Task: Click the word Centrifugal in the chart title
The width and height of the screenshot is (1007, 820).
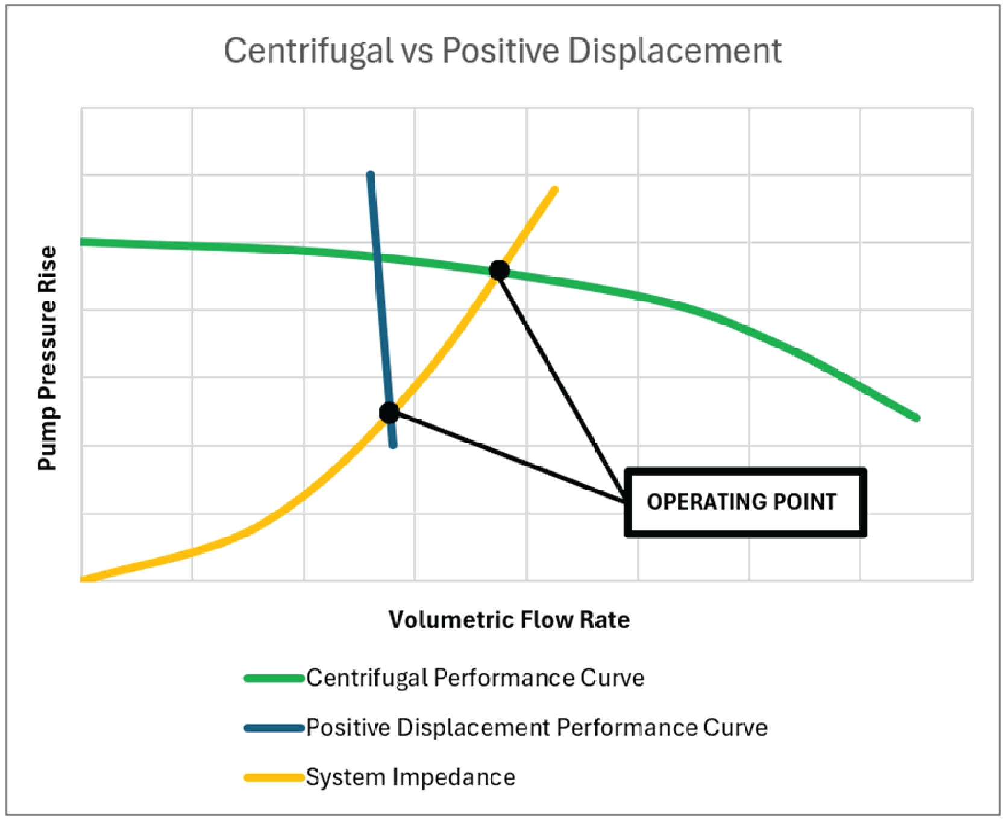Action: pyautogui.click(x=308, y=51)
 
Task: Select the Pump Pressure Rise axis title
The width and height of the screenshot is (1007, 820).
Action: pyautogui.click(x=48, y=358)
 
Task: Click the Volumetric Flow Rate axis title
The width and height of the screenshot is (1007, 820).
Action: pyautogui.click(x=509, y=620)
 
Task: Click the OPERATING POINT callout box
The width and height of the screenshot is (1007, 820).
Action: pyautogui.click(x=745, y=502)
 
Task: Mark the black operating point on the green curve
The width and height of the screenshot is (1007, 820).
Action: pyautogui.click(x=499, y=271)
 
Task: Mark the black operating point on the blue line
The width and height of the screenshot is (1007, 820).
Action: pyautogui.click(x=389, y=413)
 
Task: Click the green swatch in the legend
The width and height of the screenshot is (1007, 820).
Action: pyautogui.click(x=274, y=678)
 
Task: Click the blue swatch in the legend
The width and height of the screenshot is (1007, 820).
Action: pyautogui.click(x=274, y=728)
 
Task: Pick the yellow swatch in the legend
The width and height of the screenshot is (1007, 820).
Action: pyautogui.click(x=274, y=778)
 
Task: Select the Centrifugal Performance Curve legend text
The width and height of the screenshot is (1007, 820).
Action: pyautogui.click(x=475, y=678)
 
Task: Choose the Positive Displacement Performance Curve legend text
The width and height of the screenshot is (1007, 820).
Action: pyautogui.click(x=536, y=728)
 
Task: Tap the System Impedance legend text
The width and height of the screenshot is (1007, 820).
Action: pyautogui.click(x=410, y=778)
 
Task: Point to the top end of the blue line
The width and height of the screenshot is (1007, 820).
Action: pyautogui.click(x=371, y=175)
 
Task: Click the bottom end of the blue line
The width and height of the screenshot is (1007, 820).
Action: pyautogui.click(x=393, y=445)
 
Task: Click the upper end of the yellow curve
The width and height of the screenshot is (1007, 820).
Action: pyautogui.click(x=555, y=190)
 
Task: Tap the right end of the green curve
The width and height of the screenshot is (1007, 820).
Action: pyautogui.click(x=916, y=417)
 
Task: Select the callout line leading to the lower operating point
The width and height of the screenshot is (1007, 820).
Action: pyautogui.click(x=506, y=456)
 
